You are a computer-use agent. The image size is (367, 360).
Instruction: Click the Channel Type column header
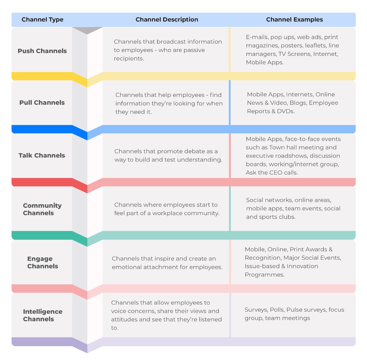(42, 19)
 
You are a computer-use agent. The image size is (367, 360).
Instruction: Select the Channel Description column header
(167, 19)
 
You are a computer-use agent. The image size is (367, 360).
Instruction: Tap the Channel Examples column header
(294, 19)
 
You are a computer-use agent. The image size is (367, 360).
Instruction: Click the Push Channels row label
(42, 51)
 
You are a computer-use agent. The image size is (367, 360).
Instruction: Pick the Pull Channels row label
(42, 103)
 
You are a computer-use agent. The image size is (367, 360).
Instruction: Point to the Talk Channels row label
(42, 155)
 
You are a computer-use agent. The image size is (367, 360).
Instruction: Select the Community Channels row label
(42, 209)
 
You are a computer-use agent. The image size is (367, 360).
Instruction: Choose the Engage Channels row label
(42, 262)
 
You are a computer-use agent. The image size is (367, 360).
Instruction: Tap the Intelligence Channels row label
(42, 315)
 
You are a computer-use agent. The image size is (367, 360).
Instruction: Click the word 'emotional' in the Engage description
(126, 267)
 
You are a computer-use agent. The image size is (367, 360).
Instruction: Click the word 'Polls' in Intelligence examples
(277, 310)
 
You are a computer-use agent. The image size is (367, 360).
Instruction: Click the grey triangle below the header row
(87, 30)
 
